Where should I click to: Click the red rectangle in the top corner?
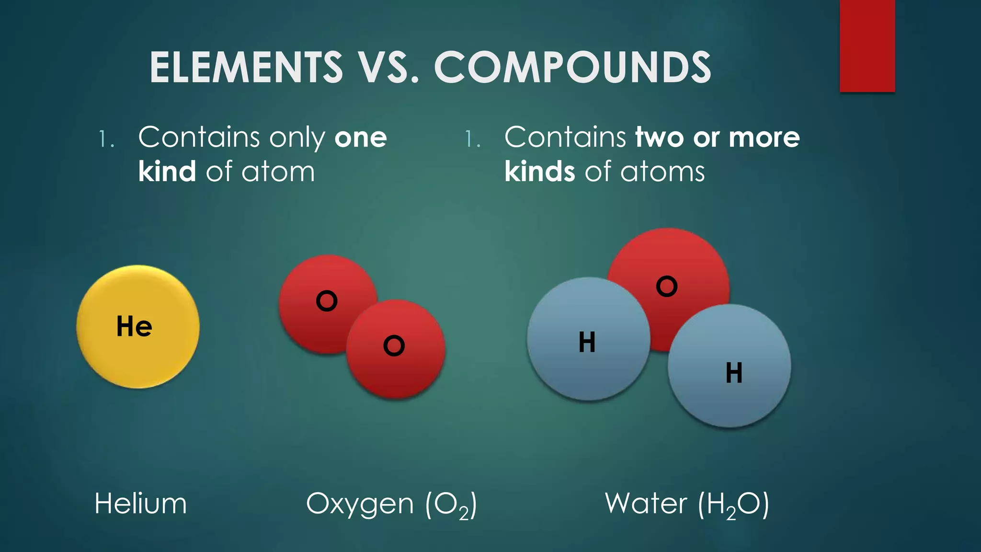tap(867, 46)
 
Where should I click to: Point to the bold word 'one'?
tap(361, 138)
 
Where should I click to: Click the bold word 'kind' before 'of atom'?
tap(167, 172)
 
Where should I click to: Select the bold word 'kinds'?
tap(540, 172)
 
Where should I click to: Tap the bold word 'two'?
tap(659, 138)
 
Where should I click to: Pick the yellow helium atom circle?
tap(138, 355)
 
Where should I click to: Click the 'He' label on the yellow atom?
tap(135, 327)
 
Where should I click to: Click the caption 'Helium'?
tap(140, 504)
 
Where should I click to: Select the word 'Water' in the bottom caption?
tap(646, 504)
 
